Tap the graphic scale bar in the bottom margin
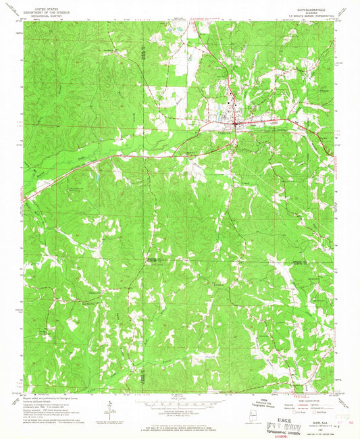coord(179,406)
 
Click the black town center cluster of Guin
coord(235,124)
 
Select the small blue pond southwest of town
coord(96,180)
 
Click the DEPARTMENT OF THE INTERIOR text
coord(46,9)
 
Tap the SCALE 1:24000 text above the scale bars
coord(179,398)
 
